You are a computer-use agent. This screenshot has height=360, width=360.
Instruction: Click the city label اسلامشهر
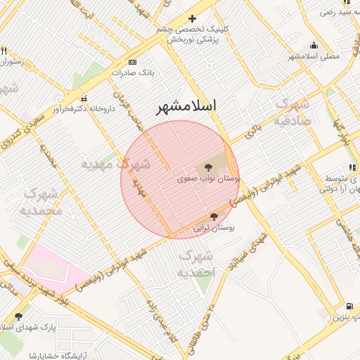pos(186,107)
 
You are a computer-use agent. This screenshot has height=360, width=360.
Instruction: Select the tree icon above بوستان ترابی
pos(214,217)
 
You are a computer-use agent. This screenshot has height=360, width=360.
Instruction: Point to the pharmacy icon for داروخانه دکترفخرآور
pos(85,98)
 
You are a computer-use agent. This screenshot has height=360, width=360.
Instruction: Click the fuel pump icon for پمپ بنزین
pos(349,307)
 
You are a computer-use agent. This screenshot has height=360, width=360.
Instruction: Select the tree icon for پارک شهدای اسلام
pos(18,317)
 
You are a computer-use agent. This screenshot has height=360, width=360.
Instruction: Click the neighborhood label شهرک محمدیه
pos(42,201)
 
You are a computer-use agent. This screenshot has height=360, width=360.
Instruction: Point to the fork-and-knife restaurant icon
pos(4,51)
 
